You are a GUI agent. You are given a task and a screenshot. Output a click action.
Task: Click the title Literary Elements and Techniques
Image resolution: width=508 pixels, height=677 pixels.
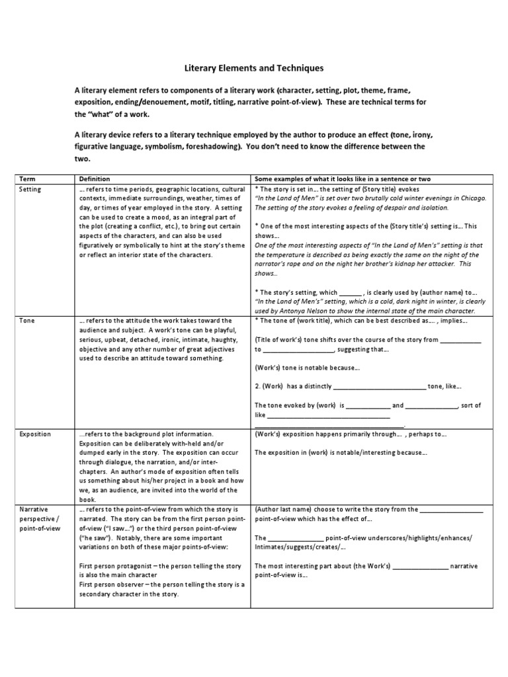pyautogui.click(x=253, y=67)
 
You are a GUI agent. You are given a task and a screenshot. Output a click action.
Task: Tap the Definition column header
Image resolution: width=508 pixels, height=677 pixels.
pyautogui.click(x=95, y=179)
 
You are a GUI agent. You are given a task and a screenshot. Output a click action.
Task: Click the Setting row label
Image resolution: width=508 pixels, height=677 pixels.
pyautogui.click(x=30, y=189)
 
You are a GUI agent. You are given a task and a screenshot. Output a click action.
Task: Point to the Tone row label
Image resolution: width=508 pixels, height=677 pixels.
pyautogui.click(x=27, y=321)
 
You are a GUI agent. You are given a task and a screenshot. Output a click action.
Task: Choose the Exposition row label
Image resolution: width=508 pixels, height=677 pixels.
pyautogui.click(x=35, y=434)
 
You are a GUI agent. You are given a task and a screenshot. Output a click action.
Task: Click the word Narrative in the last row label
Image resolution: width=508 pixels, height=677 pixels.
pyautogui.click(x=33, y=510)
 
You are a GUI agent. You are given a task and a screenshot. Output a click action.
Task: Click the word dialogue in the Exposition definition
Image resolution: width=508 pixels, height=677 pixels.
pyautogui.click(x=110, y=462)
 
